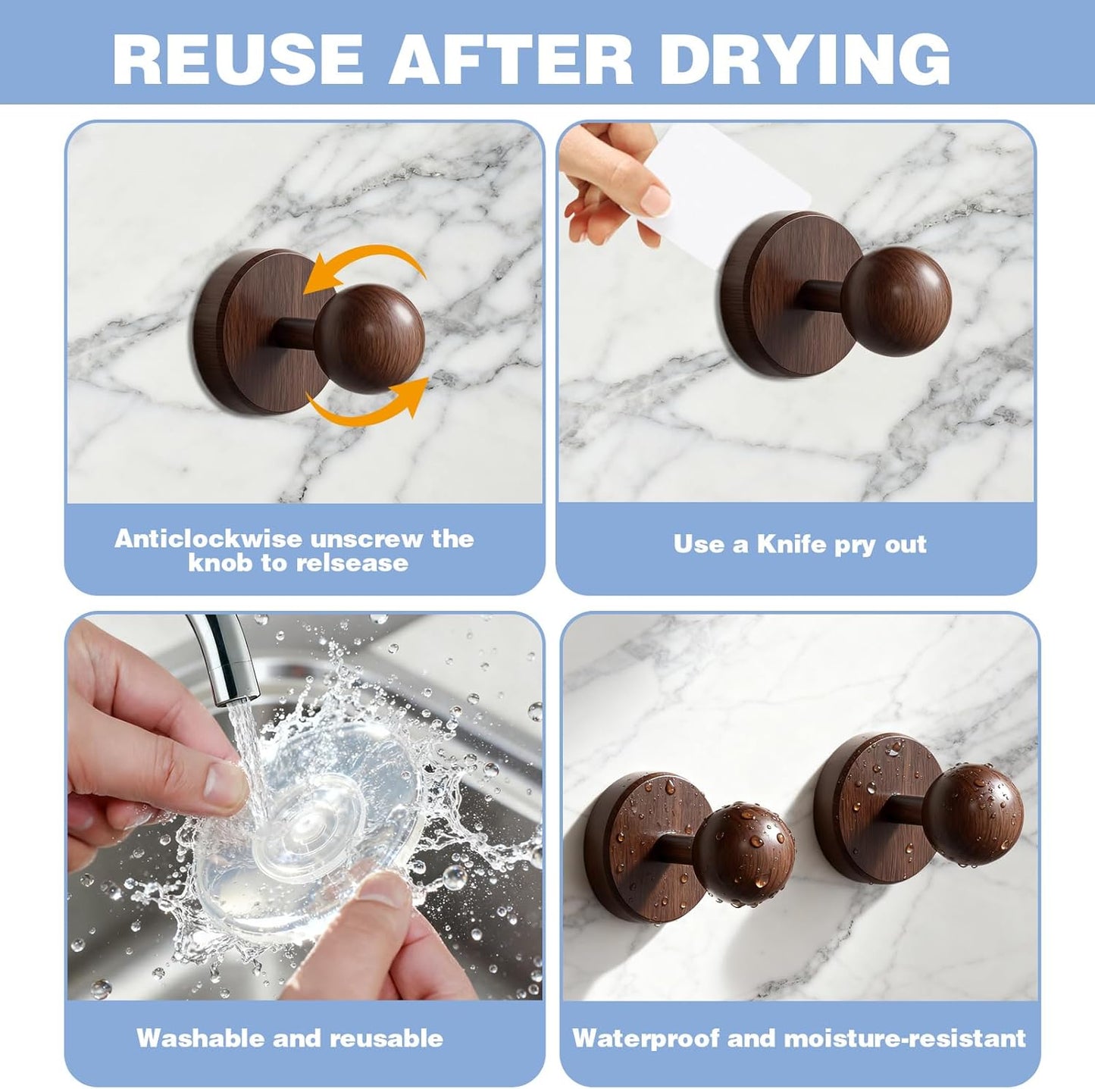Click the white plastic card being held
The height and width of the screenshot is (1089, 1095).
pyautogui.click(x=733, y=182)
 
